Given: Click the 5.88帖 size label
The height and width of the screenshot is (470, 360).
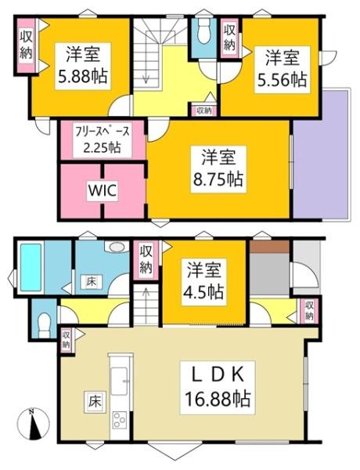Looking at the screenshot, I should pos(81,78).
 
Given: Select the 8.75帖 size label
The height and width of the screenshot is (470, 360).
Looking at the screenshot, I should pos(216,178).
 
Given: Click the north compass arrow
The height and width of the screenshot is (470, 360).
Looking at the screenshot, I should pos(31,427).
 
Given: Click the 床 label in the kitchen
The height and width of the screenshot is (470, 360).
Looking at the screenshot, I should pos(92,403).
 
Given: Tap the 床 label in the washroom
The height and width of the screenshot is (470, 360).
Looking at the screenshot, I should pos(91,280).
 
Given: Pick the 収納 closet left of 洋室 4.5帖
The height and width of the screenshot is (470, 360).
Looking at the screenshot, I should pos(146,258).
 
